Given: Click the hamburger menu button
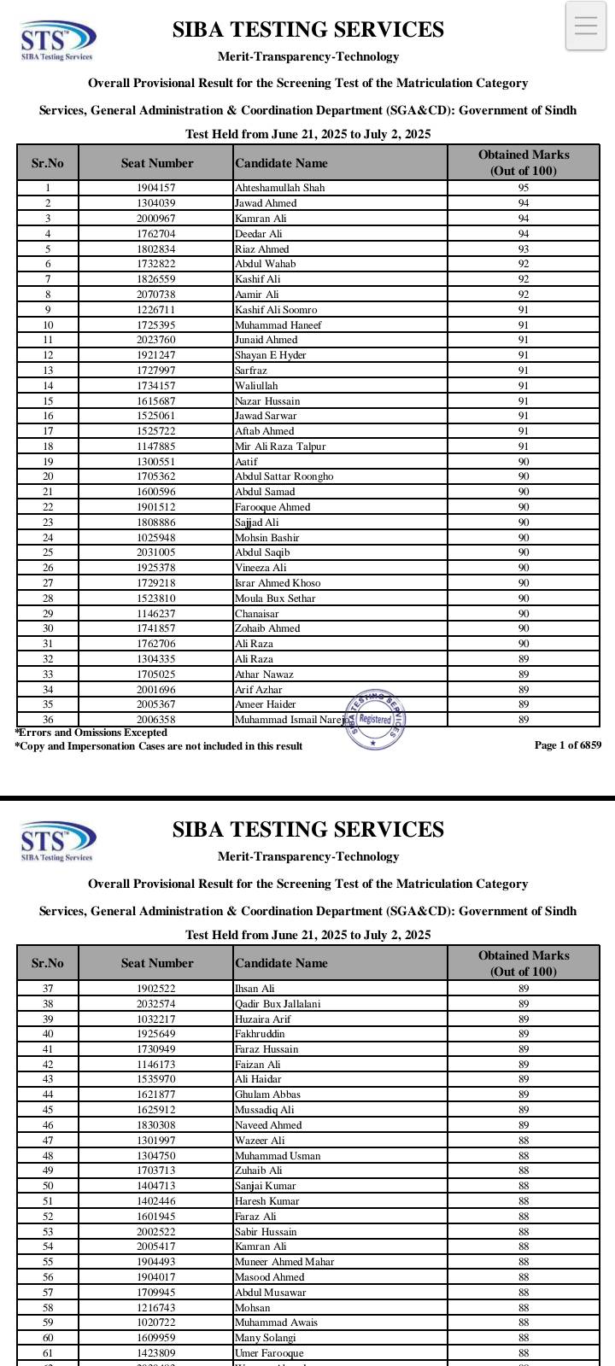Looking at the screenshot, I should [x=586, y=26].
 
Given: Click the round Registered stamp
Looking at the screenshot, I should [x=375, y=719].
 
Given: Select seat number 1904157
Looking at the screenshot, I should [x=156, y=188].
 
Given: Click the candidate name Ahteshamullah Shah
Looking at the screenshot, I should [x=279, y=188].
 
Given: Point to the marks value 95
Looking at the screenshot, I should [x=523, y=188].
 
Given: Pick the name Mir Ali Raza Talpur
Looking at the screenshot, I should [x=280, y=447].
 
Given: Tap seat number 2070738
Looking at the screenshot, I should [x=156, y=295].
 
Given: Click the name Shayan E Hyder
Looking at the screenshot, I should [x=270, y=355].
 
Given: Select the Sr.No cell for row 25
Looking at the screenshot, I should [x=48, y=552].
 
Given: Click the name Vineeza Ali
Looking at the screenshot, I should [x=261, y=568].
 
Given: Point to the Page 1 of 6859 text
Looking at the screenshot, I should [x=567, y=745].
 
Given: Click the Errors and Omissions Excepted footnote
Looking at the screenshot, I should [x=91, y=733].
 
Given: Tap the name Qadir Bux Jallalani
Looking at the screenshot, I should [x=278, y=1004].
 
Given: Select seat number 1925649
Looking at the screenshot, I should [x=156, y=1034].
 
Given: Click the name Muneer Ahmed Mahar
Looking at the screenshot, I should [x=284, y=1262].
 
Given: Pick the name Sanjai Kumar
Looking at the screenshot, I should [x=265, y=1186].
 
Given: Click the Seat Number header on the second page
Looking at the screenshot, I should [x=157, y=963].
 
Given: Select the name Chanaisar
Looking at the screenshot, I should [x=256, y=614].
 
